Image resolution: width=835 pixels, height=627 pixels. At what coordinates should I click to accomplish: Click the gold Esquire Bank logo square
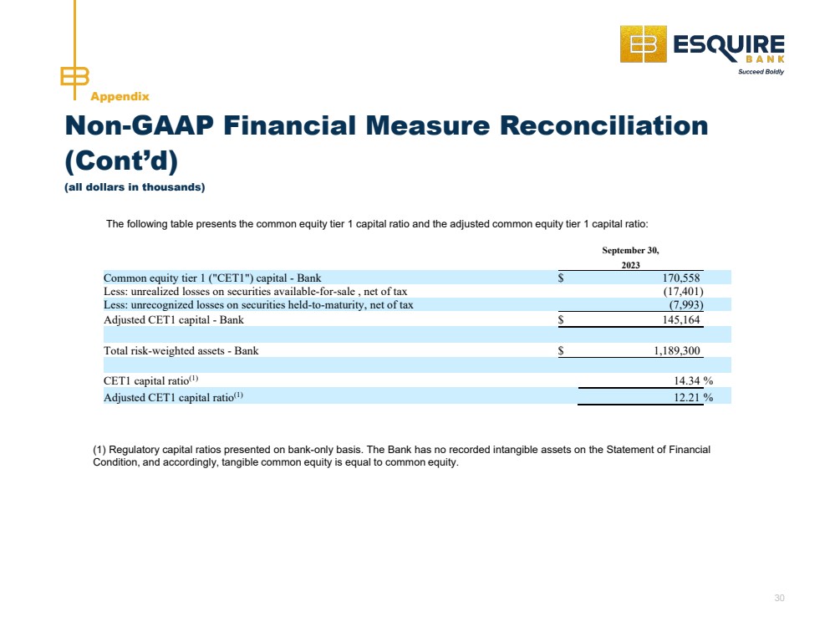pyautogui.click(x=643, y=44)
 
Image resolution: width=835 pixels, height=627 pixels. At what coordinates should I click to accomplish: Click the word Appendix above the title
pyautogui.click(x=120, y=97)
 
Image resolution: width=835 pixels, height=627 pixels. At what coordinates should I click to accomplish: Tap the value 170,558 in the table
pyautogui.click(x=676, y=278)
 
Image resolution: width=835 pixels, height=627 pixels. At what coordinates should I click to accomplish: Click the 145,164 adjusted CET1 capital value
pyautogui.click(x=676, y=320)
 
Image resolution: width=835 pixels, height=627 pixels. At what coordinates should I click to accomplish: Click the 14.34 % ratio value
pyautogui.click(x=693, y=382)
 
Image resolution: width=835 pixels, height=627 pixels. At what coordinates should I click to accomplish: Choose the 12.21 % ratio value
pyautogui.click(x=693, y=398)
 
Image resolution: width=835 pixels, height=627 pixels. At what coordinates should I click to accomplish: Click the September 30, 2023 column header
pyautogui.click(x=630, y=257)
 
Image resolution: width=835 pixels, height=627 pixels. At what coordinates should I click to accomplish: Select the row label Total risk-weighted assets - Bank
pyautogui.click(x=181, y=351)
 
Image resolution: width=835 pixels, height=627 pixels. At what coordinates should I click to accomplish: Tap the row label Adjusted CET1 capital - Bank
pyautogui.click(x=174, y=320)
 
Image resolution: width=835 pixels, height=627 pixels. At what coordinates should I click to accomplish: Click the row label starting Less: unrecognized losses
pyautogui.click(x=258, y=305)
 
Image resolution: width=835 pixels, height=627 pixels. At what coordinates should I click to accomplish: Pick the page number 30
pyautogui.click(x=780, y=598)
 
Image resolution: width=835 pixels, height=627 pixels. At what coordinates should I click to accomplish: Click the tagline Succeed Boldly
pyautogui.click(x=761, y=72)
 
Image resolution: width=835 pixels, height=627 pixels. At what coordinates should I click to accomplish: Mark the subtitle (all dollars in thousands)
pyautogui.click(x=135, y=187)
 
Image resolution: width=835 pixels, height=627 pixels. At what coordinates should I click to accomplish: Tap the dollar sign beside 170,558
pyautogui.click(x=561, y=278)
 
